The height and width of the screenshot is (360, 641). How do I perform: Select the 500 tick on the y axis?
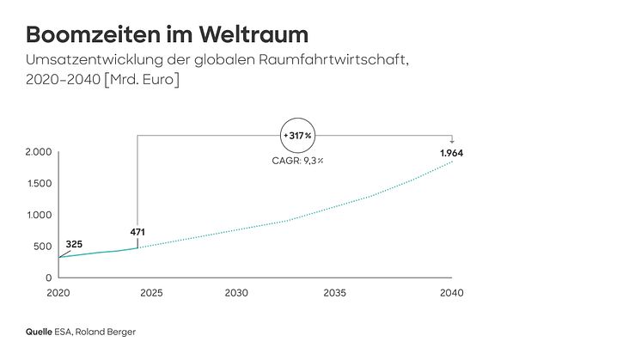coord(42,247)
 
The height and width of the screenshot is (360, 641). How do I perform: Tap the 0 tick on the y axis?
coord(50,278)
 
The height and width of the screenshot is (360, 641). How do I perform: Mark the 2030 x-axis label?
coord(236,293)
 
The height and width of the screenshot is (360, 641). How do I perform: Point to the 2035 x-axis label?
coord(334,293)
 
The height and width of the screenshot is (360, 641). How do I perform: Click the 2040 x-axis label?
coord(451,293)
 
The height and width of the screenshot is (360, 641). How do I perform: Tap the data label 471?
coord(137,232)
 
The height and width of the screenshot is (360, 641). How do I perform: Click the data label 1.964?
coord(452,154)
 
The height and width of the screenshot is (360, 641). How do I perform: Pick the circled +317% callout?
coord(297,135)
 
